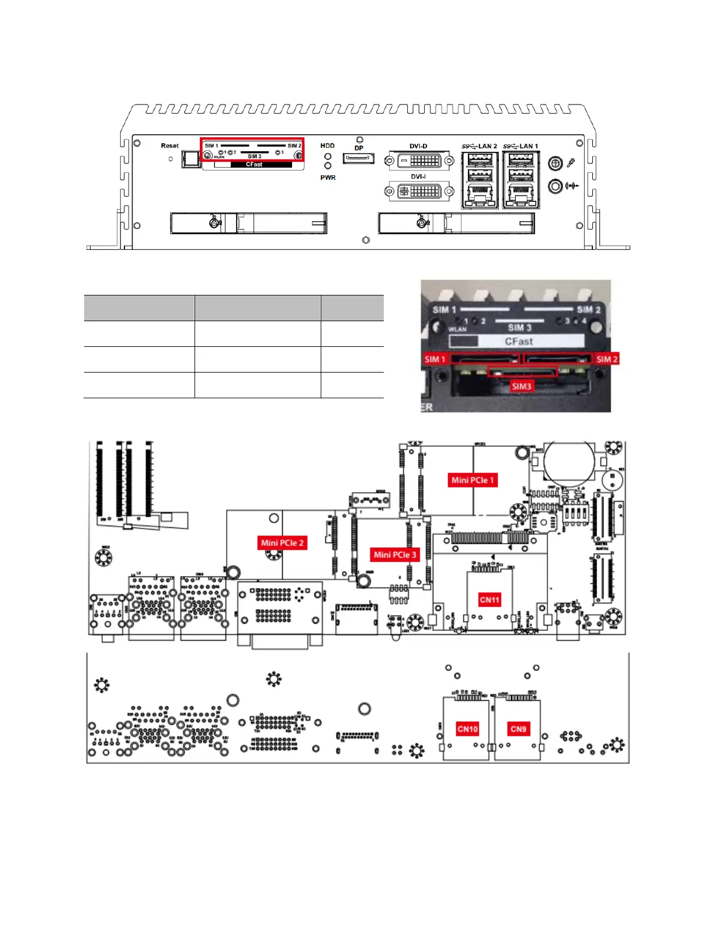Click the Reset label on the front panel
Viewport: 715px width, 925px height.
tap(169, 146)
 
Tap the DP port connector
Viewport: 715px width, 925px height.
tap(358, 158)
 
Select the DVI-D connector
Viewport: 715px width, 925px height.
tap(419, 160)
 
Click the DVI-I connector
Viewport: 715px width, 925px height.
tap(418, 191)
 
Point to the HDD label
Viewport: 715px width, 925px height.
tap(327, 146)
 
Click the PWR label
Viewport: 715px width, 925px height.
tap(328, 178)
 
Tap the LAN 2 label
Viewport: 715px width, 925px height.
tap(487, 147)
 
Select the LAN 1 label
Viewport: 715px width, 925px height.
tap(529, 147)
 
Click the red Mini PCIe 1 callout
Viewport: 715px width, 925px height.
tap(473, 480)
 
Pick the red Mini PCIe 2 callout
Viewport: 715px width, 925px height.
tap(282, 543)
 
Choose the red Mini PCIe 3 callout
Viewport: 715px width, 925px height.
tap(395, 555)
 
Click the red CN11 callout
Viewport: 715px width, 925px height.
tap(490, 600)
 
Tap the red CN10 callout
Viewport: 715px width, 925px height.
tap(467, 729)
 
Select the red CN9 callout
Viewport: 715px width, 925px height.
tap(518, 729)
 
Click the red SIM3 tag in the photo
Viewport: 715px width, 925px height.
tap(522, 386)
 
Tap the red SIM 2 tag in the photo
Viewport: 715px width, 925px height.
tap(607, 359)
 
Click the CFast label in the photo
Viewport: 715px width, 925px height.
tap(519, 342)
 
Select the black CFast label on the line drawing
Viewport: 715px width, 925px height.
tap(254, 165)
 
